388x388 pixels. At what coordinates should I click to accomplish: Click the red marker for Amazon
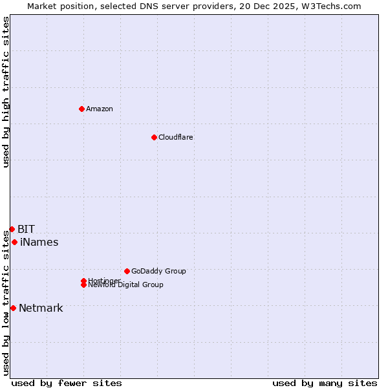tap(81, 109)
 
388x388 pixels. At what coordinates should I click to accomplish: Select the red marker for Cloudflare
tap(154, 137)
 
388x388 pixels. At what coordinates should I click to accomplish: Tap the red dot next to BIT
tap(12, 229)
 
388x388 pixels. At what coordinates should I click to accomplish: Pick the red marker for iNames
tap(14, 242)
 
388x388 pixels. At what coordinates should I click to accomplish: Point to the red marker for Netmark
tap(13, 308)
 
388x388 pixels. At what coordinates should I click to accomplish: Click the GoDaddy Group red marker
tap(127, 271)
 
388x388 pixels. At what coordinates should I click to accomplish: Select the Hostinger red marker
tap(83, 281)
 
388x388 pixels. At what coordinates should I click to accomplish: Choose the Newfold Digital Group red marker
tap(83, 285)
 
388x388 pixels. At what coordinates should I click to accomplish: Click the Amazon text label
tap(100, 109)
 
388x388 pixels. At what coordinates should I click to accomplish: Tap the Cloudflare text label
tap(175, 137)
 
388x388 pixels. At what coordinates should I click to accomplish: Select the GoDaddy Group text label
tap(158, 271)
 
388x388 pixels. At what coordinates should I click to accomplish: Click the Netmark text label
tap(41, 308)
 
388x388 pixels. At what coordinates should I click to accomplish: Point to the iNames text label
tap(39, 242)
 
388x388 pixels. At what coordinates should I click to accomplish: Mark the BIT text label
tap(26, 229)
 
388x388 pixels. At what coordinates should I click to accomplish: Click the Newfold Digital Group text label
tap(125, 285)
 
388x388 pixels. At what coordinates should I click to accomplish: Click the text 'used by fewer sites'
tap(67, 383)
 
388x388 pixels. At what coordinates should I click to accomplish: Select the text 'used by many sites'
tap(325, 383)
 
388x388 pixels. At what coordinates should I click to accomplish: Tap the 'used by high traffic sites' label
tap(6, 92)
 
